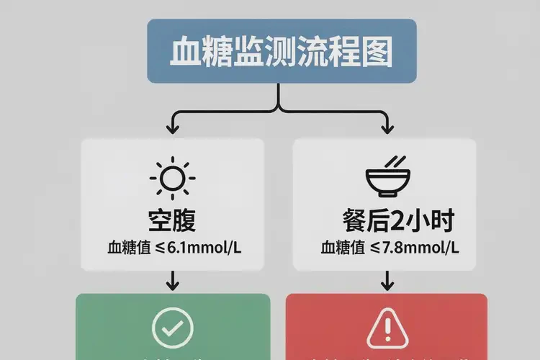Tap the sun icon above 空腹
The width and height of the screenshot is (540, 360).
(172, 176)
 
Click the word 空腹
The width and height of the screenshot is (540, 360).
(172, 220)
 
